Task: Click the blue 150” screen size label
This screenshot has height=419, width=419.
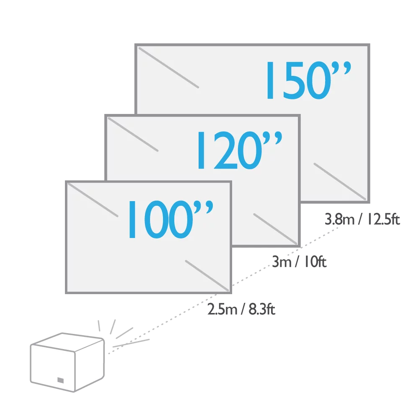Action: pyautogui.click(x=308, y=80)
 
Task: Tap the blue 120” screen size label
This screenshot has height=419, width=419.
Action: pyautogui.click(x=240, y=150)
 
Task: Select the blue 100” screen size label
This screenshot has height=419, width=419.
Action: pyautogui.click(x=171, y=219)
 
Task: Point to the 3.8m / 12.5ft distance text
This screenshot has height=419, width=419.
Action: pyautogui.click(x=362, y=220)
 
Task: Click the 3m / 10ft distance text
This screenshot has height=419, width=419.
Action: pyautogui.click(x=299, y=261)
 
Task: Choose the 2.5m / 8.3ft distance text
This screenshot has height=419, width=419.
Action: pyautogui.click(x=241, y=310)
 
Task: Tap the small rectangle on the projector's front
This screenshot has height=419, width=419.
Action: pyautogui.click(x=61, y=380)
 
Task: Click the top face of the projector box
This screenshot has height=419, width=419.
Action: pyautogui.click(x=67, y=342)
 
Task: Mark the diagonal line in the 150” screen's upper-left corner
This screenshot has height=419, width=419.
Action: pyautogui.click(x=168, y=67)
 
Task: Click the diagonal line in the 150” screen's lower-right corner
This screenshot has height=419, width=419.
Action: pyautogui.click(x=340, y=181)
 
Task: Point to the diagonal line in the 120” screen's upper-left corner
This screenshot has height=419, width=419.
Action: pyautogui.click(x=133, y=134)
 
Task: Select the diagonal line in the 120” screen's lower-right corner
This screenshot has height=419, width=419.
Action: pyautogui.click(x=275, y=229)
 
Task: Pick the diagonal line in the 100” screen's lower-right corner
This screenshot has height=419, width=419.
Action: pyautogui.click(x=207, y=275)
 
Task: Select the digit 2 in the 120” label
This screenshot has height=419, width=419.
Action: pyautogui.click(x=225, y=150)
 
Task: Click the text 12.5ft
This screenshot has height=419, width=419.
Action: pyautogui.click(x=383, y=220)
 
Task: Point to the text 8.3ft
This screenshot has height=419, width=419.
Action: pyautogui.click(x=262, y=310)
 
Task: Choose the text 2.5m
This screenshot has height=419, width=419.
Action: pyautogui.click(x=222, y=310)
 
